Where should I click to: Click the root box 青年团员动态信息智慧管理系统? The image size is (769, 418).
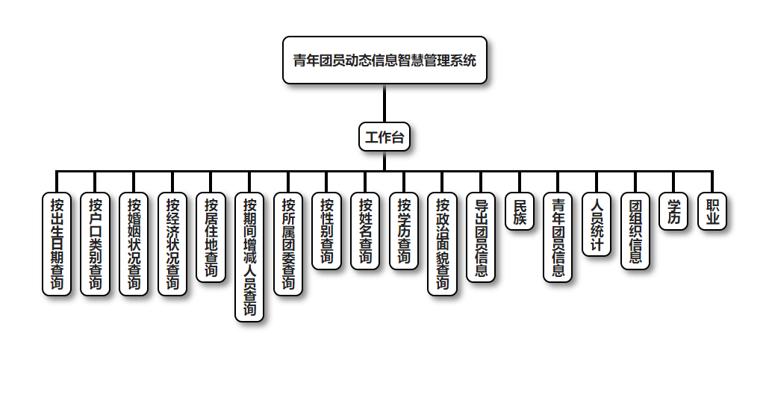(x=384, y=60)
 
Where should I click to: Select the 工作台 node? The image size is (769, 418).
(x=384, y=137)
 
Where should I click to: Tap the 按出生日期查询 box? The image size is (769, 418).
(x=57, y=244)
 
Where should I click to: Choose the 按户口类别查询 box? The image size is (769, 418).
(x=95, y=244)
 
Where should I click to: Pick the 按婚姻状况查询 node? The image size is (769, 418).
(x=134, y=244)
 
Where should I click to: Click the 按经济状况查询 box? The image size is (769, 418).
(x=172, y=244)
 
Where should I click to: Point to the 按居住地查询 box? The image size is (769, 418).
(x=211, y=237)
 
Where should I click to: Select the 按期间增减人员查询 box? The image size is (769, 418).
(x=249, y=258)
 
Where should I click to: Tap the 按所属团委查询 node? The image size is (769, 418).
(x=288, y=244)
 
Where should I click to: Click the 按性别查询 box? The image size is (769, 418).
(x=326, y=231)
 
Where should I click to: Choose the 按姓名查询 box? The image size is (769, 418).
(x=365, y=231)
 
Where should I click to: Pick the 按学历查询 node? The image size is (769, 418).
(x=404, y=231)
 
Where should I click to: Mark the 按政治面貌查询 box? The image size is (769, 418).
(x=443, y=244)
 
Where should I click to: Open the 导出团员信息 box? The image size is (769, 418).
(x=481, y=237)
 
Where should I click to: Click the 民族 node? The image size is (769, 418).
(x=520, y=211)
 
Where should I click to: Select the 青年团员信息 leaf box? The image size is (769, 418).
(x=558, y=237)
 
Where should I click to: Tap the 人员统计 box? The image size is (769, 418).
(x=597, y=225)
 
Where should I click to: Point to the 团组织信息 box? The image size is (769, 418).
(x=635, y=231)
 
